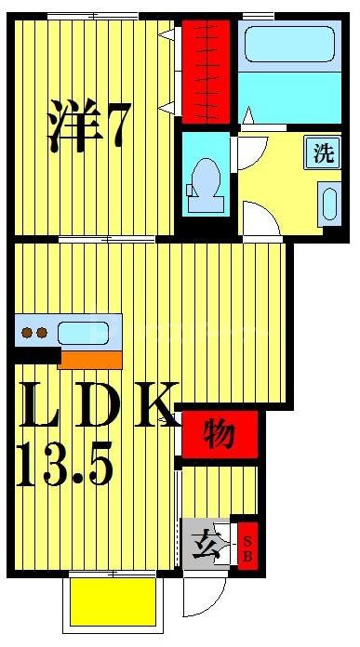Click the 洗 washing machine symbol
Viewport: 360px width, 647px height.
point(323,152)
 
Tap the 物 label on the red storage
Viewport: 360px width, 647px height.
point(219,435)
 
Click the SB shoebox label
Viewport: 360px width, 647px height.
point(247,543)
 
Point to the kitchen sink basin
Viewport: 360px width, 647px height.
point(82,332)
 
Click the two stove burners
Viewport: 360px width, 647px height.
point(34,332)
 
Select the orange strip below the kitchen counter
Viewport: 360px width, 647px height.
point(89,359)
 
